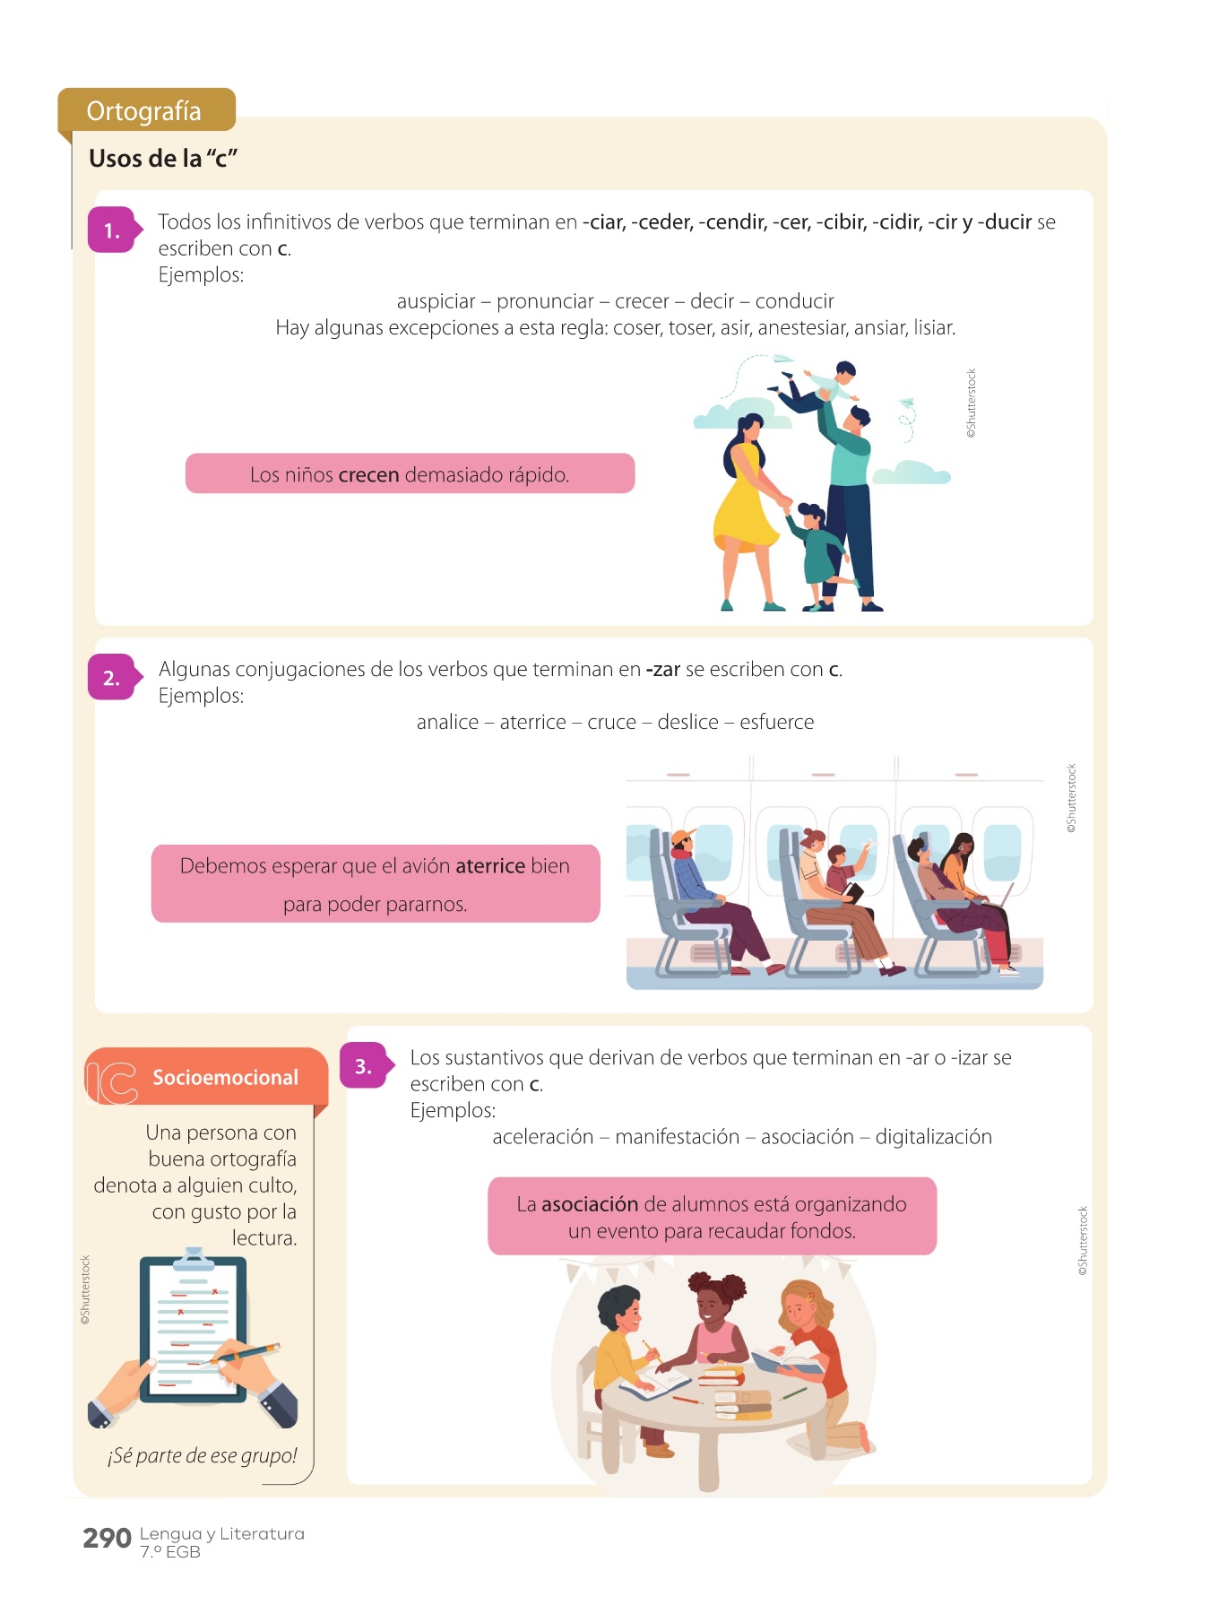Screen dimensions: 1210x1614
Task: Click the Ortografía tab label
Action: pyautogui.click(x=143, y=111)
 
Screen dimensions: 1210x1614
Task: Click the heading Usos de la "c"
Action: pyautogui.click(x=163, y=159)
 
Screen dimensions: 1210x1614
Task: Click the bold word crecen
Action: pyautogui.click(x=368, y=474)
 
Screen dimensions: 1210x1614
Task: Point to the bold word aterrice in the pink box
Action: pyautogui.click(x=490, y=866)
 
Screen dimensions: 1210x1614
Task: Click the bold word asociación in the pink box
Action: pyautogui.click(x=590, y=1204)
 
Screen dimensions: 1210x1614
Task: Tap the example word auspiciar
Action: pyautogui.click(x=436, y=302)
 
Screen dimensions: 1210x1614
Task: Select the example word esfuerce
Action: pyautogui.click(x=777, y=723)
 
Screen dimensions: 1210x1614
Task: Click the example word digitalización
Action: pyautogui.click(x=934, y=1137)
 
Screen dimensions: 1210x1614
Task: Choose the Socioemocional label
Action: pyautogui.click(x=225, y=1078)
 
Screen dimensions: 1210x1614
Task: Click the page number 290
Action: pyautogui.click(x=107, y=1539)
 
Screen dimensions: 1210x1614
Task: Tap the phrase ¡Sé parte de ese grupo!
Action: pyautogui.click(x=203, y=1456)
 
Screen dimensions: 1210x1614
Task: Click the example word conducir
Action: pyautogui.click(x=795, y=302)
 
